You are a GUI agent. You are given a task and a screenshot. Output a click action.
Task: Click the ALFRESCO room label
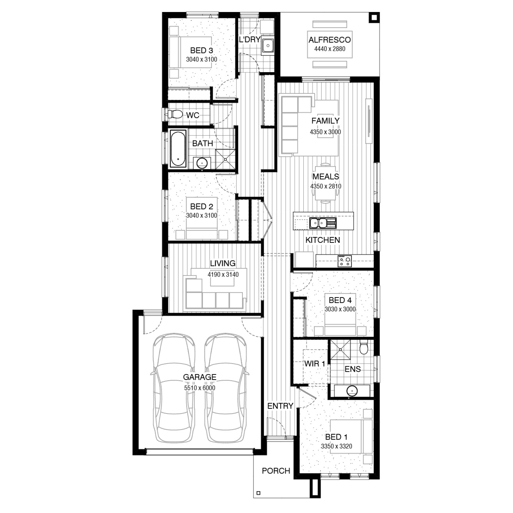point(330,40)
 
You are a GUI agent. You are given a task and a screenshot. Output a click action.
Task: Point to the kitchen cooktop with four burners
point(344,261)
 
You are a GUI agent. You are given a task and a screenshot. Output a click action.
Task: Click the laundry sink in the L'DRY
point(267,45)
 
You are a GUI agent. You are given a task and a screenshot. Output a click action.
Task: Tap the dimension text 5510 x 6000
point(200,388)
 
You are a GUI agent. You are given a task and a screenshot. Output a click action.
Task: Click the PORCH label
point(276,471)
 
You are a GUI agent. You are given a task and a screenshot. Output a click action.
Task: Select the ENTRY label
point(280,406)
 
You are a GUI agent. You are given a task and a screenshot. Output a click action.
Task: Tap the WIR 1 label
point(315,364)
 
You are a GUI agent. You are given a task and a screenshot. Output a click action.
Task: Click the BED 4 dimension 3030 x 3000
point(340,309)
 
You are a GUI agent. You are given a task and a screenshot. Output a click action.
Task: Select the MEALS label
point(326,176)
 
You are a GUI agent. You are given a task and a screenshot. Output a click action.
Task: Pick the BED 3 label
point(201,51)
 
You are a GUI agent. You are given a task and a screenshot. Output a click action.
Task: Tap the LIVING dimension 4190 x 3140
point(223,274)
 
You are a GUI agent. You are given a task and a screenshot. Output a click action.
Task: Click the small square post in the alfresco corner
point(374,17)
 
